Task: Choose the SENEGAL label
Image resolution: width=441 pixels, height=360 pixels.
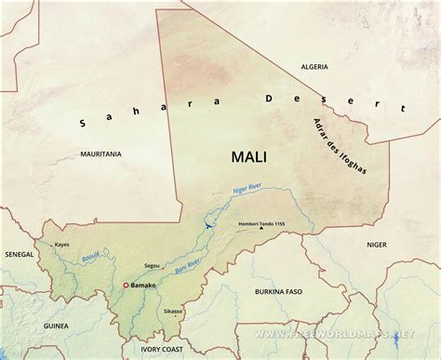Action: tap(18, 253)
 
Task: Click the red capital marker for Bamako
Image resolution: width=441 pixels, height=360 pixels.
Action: tap(127, 285)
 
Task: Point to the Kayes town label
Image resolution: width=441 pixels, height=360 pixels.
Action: tap(62, 245)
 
